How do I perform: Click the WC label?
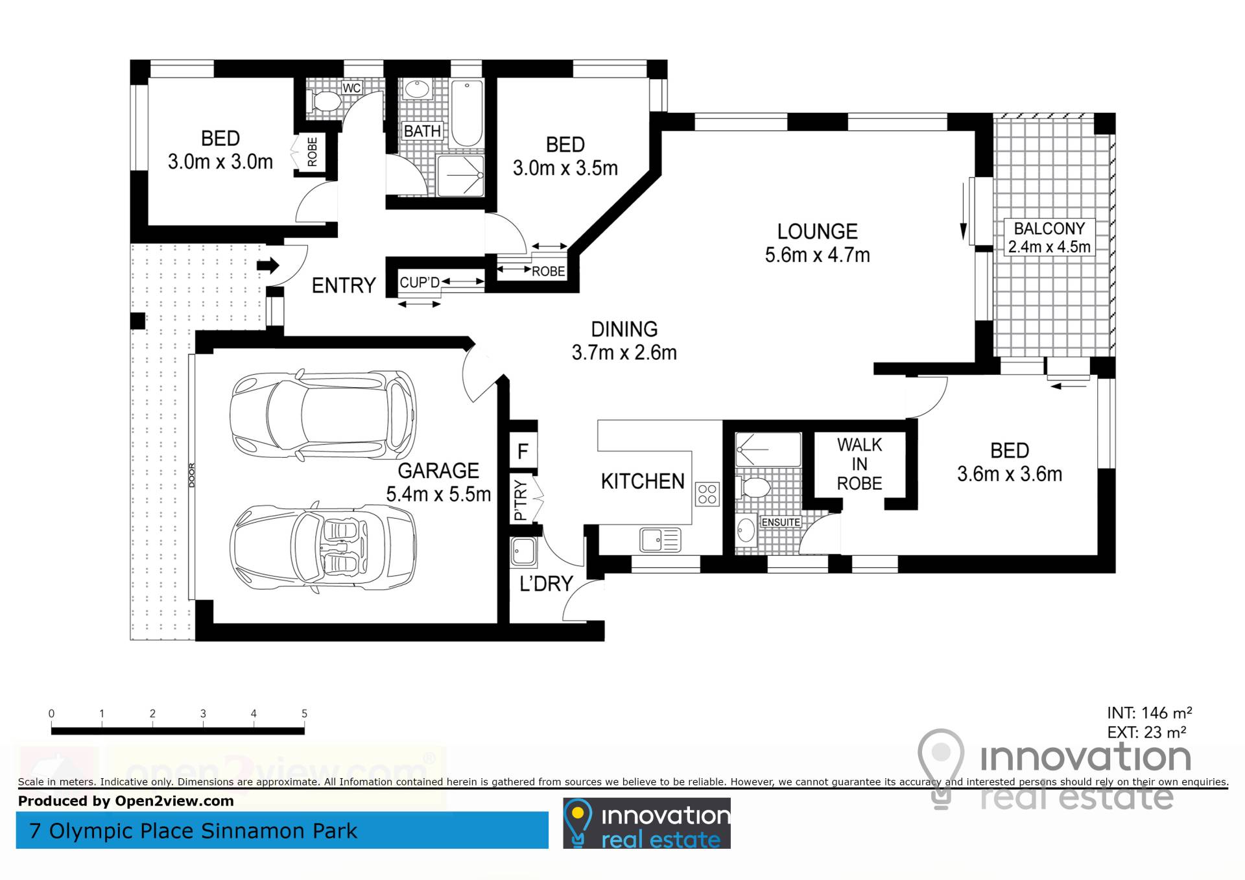pyautogui.click(x=351, y=88)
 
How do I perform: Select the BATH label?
pyautogui.click(x=422, y=132)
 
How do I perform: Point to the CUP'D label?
pyautogui.click(x=420, y=283)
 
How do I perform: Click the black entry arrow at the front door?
pyautogui.click(x=268, y=265)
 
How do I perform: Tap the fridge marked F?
pyautogui.click(x=523, y=451)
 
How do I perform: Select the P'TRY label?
pyautogui.click(x=521, y=500)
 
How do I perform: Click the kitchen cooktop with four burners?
pyautogui.click(x=707, y=494)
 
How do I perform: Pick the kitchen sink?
pyautogui.click(x=660, y=540)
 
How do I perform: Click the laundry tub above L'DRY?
pyautogui.click(x=523, y=552)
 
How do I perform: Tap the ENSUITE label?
pyautogui.click(x=781, y=523)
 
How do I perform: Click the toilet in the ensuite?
pyautogui.click(x=752, y=487)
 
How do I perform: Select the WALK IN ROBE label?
pyautogui.click(x=859, y=464)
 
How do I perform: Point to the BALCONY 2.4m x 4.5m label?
pyautogui.click(x=1049, y=237)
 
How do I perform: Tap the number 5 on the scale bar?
pyautogui.click(x=304, y=713)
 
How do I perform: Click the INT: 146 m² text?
pyautogui.click(x=1149, y=713)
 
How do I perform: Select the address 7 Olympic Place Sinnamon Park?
pyautogui.click(x=193, y=831)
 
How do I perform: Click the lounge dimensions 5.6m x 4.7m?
pyautogui.click(x=817, y=255)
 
